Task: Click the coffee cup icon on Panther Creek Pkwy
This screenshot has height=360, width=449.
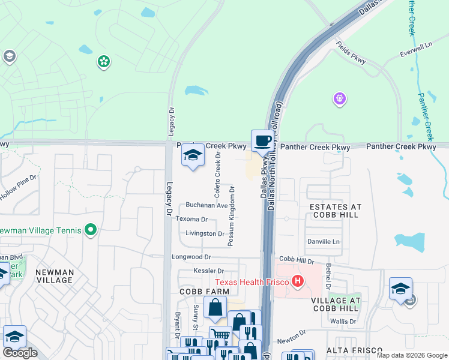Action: pyautogui.click(x=262, y=141)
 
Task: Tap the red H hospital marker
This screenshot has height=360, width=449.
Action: pyautogui.click(x=296, y=281)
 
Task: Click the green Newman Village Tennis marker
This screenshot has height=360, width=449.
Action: pyautogui.click(x=90, y=230)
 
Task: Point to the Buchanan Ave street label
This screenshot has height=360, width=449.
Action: pyautogui.click(x=206, y=205)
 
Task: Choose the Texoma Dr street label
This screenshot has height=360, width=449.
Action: pyautogui.click(x=191, y=220)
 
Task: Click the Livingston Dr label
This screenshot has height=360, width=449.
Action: pyautogui.click(x=205, y=233)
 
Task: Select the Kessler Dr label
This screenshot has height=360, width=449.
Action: pyautogui.click(x=208, y=271)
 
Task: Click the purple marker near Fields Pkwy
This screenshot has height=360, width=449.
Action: pyautogui.click(x=340, y=98)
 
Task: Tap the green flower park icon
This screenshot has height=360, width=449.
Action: pyautogui.click(x=104, y=61)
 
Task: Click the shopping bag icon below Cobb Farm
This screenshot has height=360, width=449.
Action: pyautogui.click(x=215, y=308)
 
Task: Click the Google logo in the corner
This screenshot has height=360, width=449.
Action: pyautogui.click(x=20, y=353)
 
